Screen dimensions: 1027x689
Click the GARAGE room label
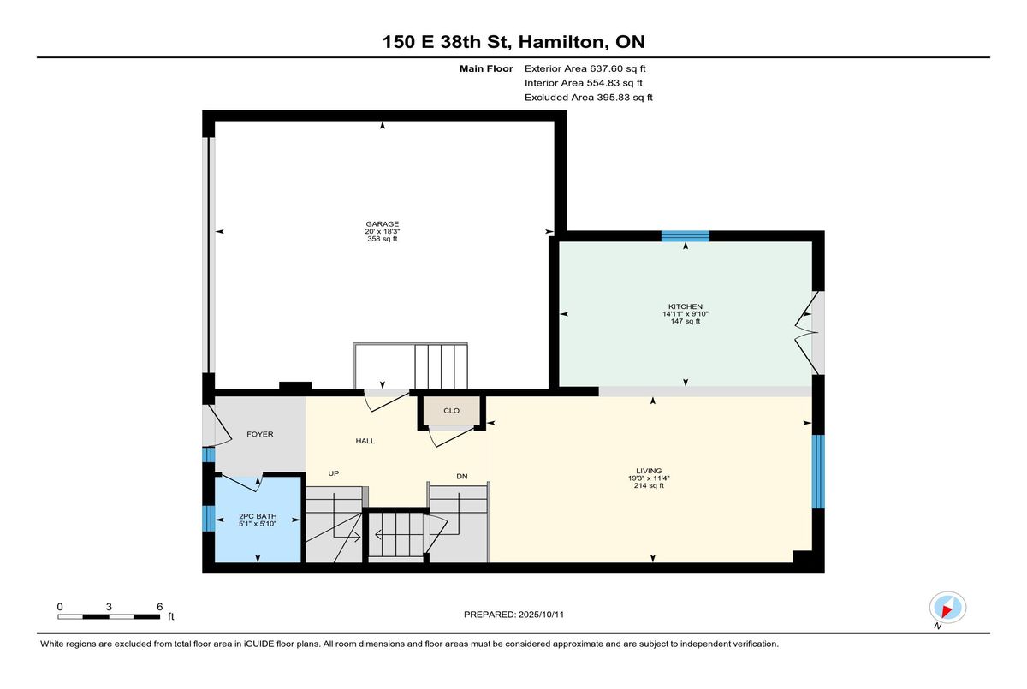382,224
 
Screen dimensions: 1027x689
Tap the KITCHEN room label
685,306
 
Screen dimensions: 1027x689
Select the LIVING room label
649,471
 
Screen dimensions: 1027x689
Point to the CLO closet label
451,411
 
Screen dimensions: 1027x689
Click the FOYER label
260,434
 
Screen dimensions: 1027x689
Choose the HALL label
365,441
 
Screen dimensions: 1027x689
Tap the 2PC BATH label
258,516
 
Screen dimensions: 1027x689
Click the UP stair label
333,473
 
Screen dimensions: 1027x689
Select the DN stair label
461,476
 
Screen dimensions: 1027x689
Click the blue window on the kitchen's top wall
685,236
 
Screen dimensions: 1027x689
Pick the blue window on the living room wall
818,472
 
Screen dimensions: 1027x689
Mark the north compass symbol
947,609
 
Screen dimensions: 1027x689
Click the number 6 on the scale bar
159,607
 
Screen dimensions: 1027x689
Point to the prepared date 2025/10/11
541,615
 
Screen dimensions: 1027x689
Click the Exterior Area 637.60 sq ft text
585,68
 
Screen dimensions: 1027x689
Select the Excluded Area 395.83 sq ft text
589,98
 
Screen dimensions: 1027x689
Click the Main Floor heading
486,68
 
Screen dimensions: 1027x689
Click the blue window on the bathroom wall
208,518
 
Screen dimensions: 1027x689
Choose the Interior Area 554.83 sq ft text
583,83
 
